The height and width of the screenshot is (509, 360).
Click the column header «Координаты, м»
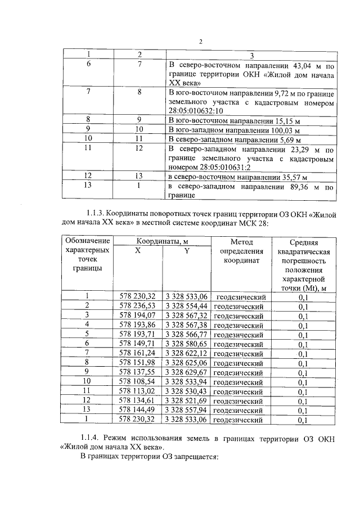coord(162,241)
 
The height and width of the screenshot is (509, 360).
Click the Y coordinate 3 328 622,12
coord(187,353)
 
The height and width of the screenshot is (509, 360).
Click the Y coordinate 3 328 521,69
coord(187,400)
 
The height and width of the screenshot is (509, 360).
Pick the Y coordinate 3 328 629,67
coord(187,372)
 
